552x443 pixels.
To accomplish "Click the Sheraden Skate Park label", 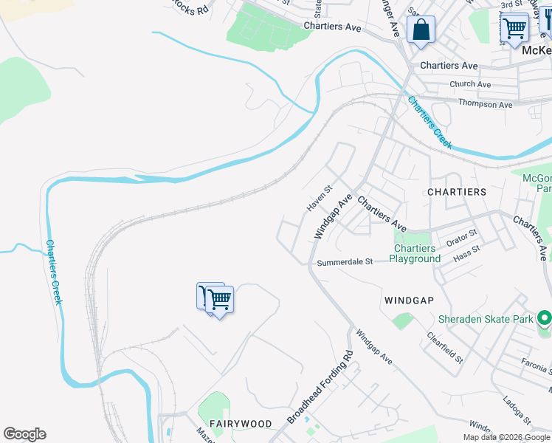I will coord(485,319).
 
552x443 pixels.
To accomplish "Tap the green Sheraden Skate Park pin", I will coord(545,319).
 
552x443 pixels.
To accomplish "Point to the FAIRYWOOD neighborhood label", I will coord(240,424).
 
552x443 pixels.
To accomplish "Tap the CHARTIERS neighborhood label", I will coord(457,191).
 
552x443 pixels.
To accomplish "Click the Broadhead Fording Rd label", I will coord(321,386).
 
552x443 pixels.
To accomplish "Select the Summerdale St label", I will coord(345,262).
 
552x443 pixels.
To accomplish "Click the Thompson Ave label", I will coord(485,104).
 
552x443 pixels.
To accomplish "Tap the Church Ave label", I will coord(470,84).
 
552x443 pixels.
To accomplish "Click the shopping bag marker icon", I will coord(421,30).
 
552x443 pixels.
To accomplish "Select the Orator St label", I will coord(461,238).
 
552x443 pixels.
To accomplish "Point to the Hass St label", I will coord(466,253).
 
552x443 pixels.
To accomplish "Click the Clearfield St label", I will coord(445,348).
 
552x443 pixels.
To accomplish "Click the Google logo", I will coord(24,434).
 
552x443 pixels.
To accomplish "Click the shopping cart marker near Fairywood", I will coord(219,299).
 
